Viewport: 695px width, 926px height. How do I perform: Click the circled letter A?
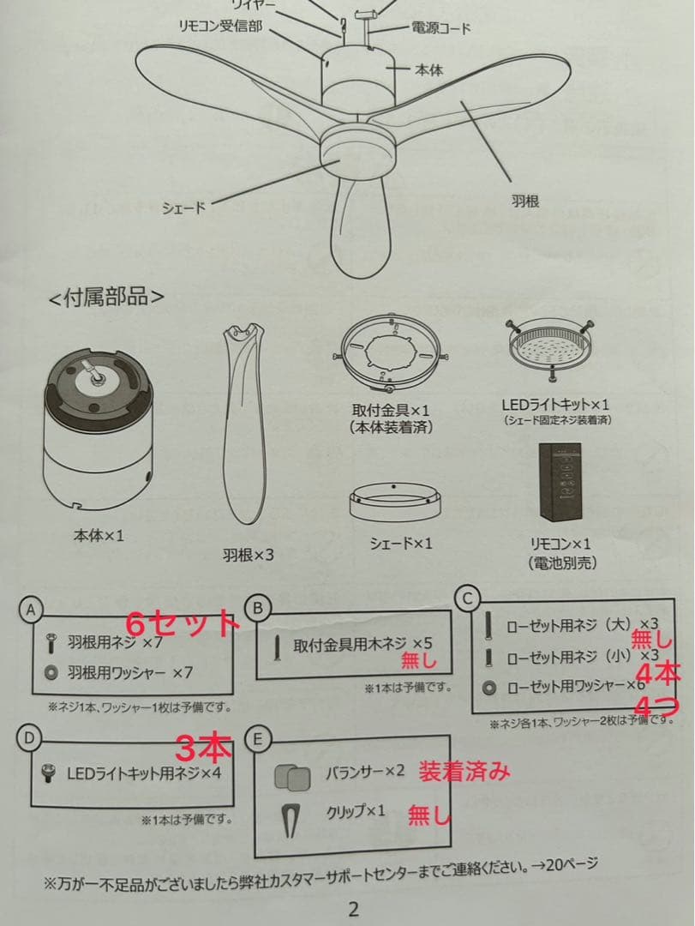pos(30,610)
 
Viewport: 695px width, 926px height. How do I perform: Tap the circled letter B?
pos(255,608)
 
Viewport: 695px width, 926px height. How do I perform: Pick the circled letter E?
pos(255,738)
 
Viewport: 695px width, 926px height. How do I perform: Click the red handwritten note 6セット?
pos(182,622)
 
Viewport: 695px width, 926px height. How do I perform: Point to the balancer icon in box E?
pos(292,777)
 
